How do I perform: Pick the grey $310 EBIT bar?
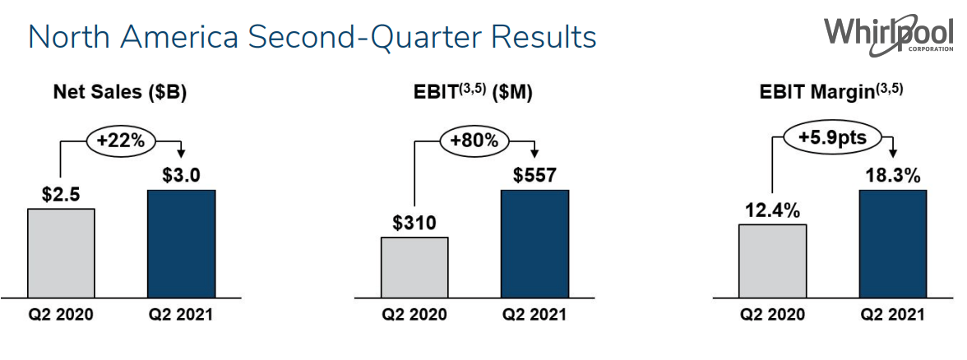414,266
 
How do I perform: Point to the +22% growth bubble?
121,141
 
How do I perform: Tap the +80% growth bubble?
474,141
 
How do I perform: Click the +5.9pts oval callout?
831,136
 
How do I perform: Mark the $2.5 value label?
61,195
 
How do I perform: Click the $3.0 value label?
181,176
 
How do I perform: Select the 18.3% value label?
893,176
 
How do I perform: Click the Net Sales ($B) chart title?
120,93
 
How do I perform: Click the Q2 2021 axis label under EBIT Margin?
893,315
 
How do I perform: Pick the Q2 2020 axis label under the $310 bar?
414,315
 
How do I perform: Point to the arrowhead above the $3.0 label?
181,154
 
